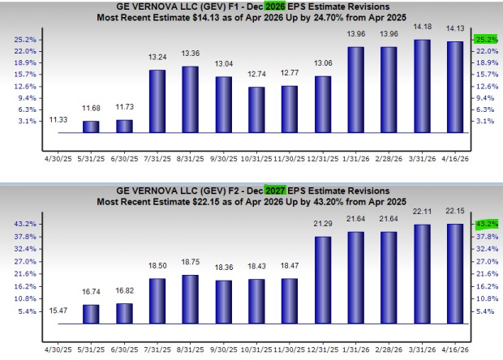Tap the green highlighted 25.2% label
(485, 39)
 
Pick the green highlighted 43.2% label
(485, 224)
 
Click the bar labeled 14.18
(422, 86)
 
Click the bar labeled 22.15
(455, 273)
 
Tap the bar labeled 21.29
(322, 279)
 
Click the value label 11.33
(58, 120)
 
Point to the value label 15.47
(58, 311)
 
